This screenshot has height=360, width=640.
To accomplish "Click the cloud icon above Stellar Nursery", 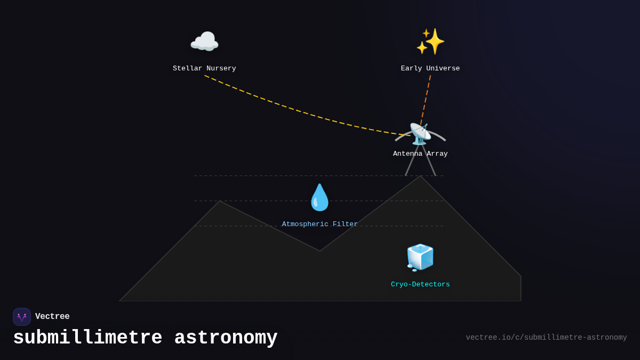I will point(204,42).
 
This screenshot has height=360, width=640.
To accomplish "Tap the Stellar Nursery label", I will point(204,69).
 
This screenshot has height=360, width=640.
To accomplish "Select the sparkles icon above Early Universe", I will point(430,42).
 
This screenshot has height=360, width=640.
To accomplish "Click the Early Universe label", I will point(430,69).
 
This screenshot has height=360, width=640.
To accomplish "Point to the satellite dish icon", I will point(420,134).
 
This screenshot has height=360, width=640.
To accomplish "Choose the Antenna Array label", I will point(420,154).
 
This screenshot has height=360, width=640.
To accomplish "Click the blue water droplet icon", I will point(320,197).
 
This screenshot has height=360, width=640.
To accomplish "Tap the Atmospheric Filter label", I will point(320,225).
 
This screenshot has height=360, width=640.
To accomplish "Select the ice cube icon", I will point(420,257).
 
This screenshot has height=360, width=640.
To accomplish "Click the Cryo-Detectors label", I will point(420,285).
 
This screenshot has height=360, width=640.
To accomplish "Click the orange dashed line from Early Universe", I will point(426,100).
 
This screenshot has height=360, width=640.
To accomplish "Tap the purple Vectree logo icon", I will point(22,317).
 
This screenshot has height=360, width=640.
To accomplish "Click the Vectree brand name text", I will point(52,317).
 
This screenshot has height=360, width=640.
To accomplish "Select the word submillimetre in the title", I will point(87,338).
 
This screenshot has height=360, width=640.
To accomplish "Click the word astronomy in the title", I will point(226,338).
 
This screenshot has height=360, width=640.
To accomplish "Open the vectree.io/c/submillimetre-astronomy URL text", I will point(546,338).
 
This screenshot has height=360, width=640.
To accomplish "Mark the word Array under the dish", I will point(437,154).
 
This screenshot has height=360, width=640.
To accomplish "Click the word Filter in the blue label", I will point(345,225).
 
